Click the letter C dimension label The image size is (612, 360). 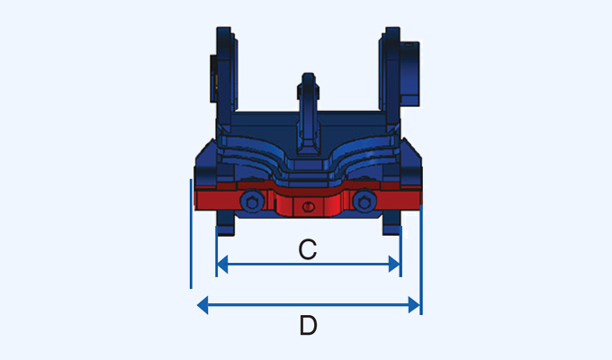pyautogui.click(x=308, y=248)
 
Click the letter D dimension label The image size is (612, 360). pyautogui.click(x=308, y=326)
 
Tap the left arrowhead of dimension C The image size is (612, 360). pyautogui.click(x=223, y=264)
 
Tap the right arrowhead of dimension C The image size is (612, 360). pyautogui.click(x=394, y=264)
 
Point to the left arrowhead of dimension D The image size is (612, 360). pyautogui.click(x=202, y=305)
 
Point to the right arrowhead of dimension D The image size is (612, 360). pyautogui.click(x=414, y=305)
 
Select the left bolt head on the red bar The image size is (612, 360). pyautogui.click(x=253, y=202)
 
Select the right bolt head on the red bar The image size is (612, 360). pyautogui.click(x=364, y=202)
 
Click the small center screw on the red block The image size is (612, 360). pyautogui.click(x=308, y=208)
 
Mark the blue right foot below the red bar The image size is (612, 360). pyautogui.click(x=393, y=223)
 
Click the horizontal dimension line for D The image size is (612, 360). pyautogui.click(x=270, y=305)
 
